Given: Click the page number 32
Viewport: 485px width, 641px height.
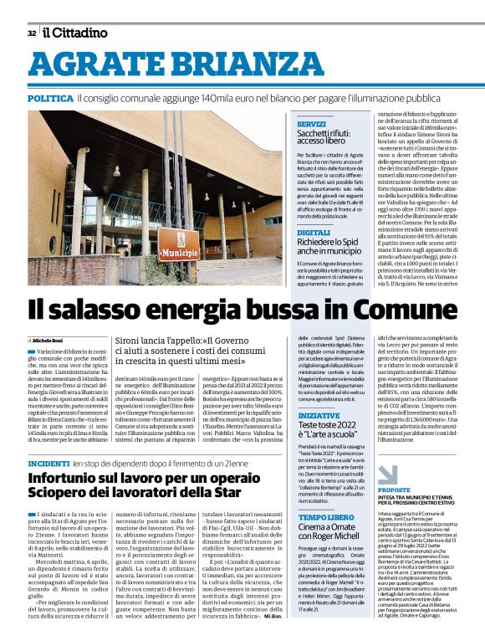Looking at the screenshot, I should pyautogui.click(x=31, y=33).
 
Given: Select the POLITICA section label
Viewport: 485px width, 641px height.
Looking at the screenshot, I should pyautogui.click(x=49, y=99).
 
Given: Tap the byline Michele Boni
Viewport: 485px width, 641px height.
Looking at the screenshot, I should pyautogui.click(x=51, y=341).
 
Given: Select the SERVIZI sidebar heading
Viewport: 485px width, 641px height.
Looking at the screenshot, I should pyautogui.click(x=311, y=124).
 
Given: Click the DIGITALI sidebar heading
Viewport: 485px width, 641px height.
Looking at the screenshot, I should pyautogui.click(x=314, y=233).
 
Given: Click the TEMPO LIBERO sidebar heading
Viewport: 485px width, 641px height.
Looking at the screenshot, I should pyautogui.click(x=325, y=516).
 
